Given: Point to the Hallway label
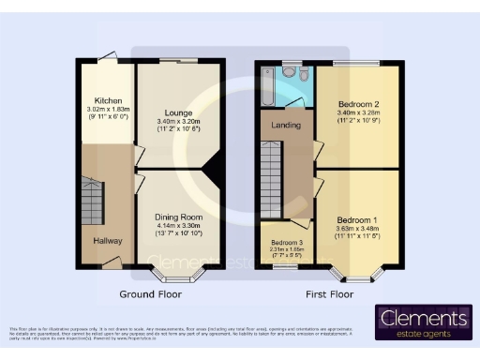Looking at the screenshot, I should click(108, 241).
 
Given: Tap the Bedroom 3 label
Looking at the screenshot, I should click(279, 241).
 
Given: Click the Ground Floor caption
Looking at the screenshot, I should click(150, 293).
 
